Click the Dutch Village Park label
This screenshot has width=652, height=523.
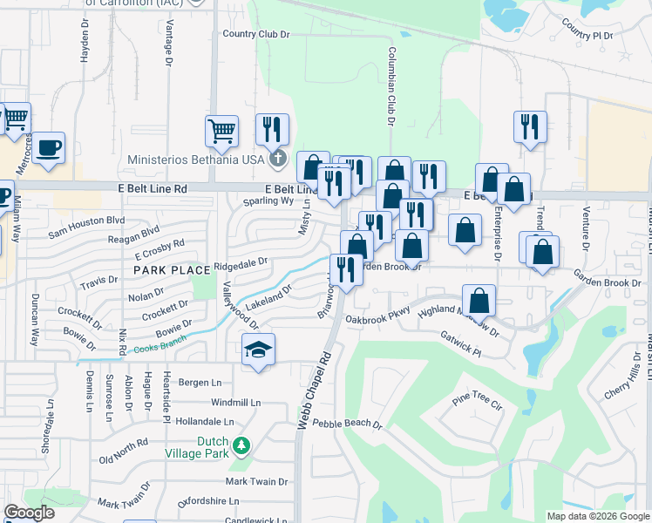tap(200, 447)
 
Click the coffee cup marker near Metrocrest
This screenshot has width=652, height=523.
tap(50, 148)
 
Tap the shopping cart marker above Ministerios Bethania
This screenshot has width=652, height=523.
tap(222, 131)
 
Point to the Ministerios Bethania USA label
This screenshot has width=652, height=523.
tap(195, 160)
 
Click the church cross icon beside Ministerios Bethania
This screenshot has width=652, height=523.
tap(277, 158)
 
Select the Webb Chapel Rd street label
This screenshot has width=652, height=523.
tap(315, 389)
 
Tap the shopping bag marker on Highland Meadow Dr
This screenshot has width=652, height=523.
tap(479, 301)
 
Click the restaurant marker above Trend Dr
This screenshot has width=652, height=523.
tap(530, 126)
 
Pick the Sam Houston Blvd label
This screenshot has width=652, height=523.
tap(87, 228)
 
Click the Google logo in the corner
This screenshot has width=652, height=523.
tap(30, 513)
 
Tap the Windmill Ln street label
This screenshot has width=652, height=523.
tap(235, 403)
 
